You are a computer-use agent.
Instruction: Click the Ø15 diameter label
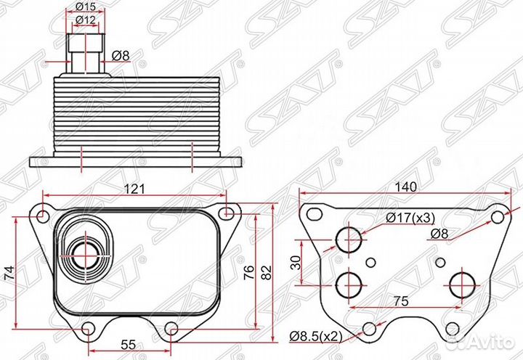pyautogui.click(x=86, y=8)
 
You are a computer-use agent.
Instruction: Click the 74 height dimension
pyautogui.click(x=9, y=273)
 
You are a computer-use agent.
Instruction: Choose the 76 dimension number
pyautogui.click(x=249, y=273)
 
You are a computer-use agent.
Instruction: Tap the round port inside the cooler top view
pyautogui.click(x=84, y=255)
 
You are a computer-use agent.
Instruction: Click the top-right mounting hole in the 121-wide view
pyautogui.click(x=228, y=213)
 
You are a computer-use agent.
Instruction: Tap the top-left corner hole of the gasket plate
pyautogui.click(x=313, y=214)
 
